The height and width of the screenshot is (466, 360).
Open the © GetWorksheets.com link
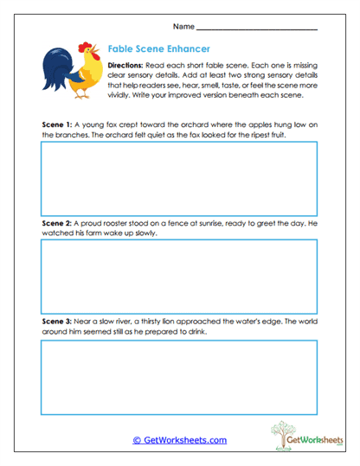pyautogui.click(x=179, y=440)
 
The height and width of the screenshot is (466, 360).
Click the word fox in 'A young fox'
pyautogui.click(x=115, y=124)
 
